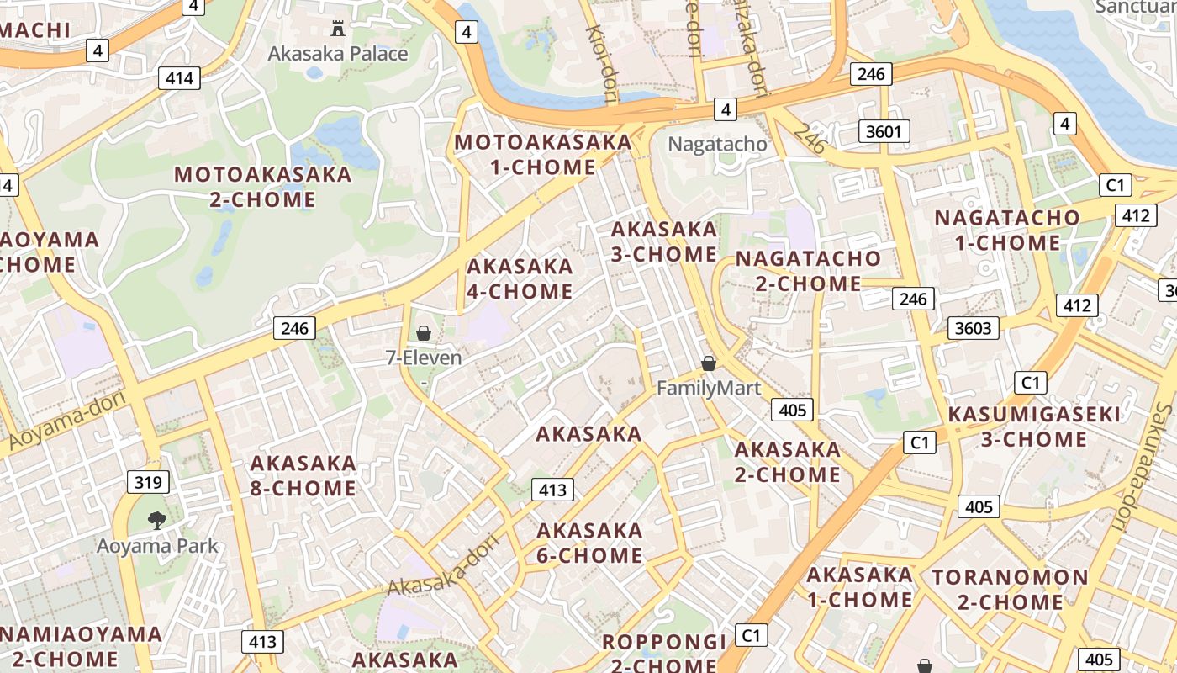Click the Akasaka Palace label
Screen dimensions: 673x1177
338,54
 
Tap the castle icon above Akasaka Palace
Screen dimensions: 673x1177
338,29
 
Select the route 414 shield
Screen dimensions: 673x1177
179,79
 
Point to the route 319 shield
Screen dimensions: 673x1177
149,482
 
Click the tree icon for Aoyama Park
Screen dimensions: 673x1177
156,521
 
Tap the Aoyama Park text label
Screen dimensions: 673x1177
157,546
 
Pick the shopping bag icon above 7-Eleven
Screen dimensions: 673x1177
424,333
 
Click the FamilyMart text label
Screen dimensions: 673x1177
708,388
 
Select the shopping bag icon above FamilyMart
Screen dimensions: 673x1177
709,363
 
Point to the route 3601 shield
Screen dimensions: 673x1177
884,131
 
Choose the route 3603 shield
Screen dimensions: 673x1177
973,328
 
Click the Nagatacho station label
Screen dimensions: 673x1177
717,144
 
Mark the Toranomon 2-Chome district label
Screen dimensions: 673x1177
1010,590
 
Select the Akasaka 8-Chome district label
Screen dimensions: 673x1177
303,475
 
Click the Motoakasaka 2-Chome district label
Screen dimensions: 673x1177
262,187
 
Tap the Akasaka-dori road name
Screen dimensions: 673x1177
445,565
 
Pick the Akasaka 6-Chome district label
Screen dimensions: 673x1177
589,543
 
